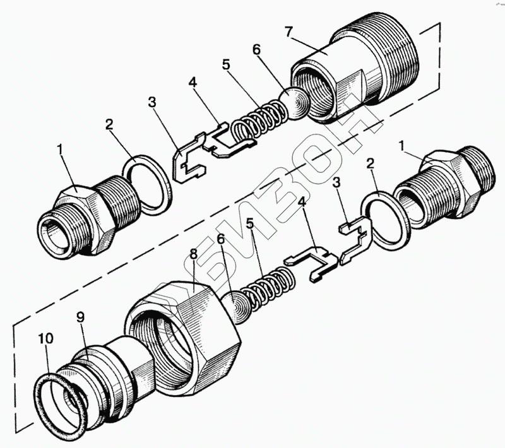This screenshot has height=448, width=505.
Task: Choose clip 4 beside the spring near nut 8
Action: [309, 262]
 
